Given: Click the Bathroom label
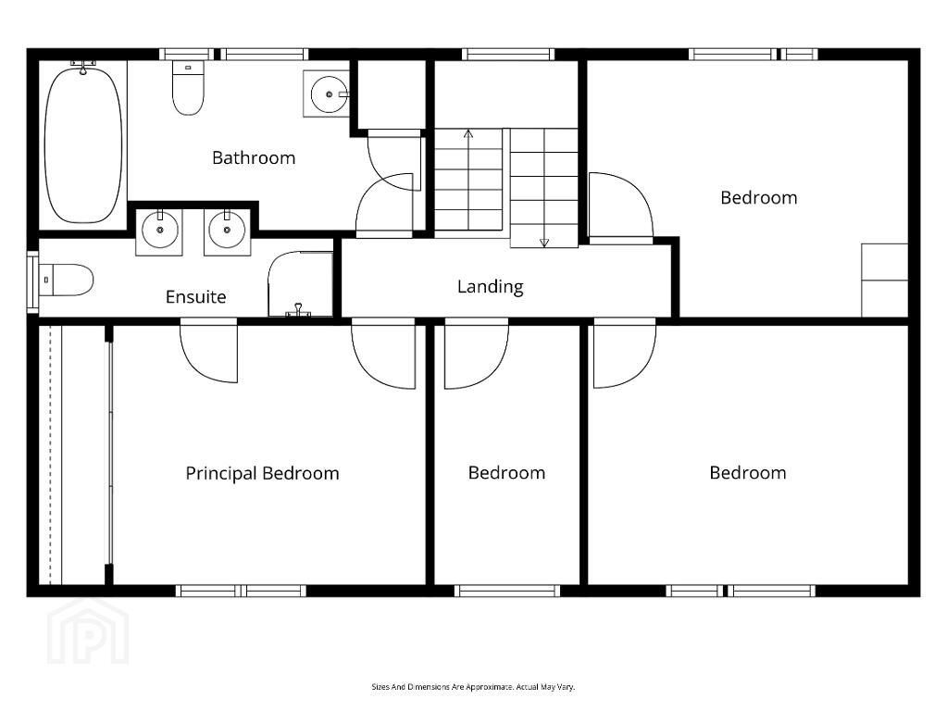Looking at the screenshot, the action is pos(254,158).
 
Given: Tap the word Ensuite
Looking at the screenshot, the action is pos(195,296).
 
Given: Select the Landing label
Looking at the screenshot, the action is pos(490,286).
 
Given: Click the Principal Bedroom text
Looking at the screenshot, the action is pos(262,473).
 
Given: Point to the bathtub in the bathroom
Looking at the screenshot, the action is pos(83,145).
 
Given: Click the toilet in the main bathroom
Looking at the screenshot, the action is pos(189,88).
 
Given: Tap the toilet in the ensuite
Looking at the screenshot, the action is pos(66,280).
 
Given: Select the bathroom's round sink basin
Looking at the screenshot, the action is pos(330,94).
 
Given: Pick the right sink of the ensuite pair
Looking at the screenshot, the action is pos(227,231).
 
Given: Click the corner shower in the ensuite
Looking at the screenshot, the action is pos(300,284).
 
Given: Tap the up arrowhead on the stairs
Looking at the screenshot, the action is pos(468,133).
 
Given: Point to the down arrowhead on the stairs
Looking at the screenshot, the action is pos(544,243).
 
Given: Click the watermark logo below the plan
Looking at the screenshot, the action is pos(88,631).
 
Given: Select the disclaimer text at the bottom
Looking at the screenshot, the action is pos(473,687).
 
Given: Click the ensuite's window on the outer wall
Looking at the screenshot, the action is pos(32,282).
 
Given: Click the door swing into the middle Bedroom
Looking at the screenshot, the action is pos(477,356).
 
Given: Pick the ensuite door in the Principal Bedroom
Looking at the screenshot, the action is pos(209,353).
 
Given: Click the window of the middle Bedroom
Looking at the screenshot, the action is pos(507,591).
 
